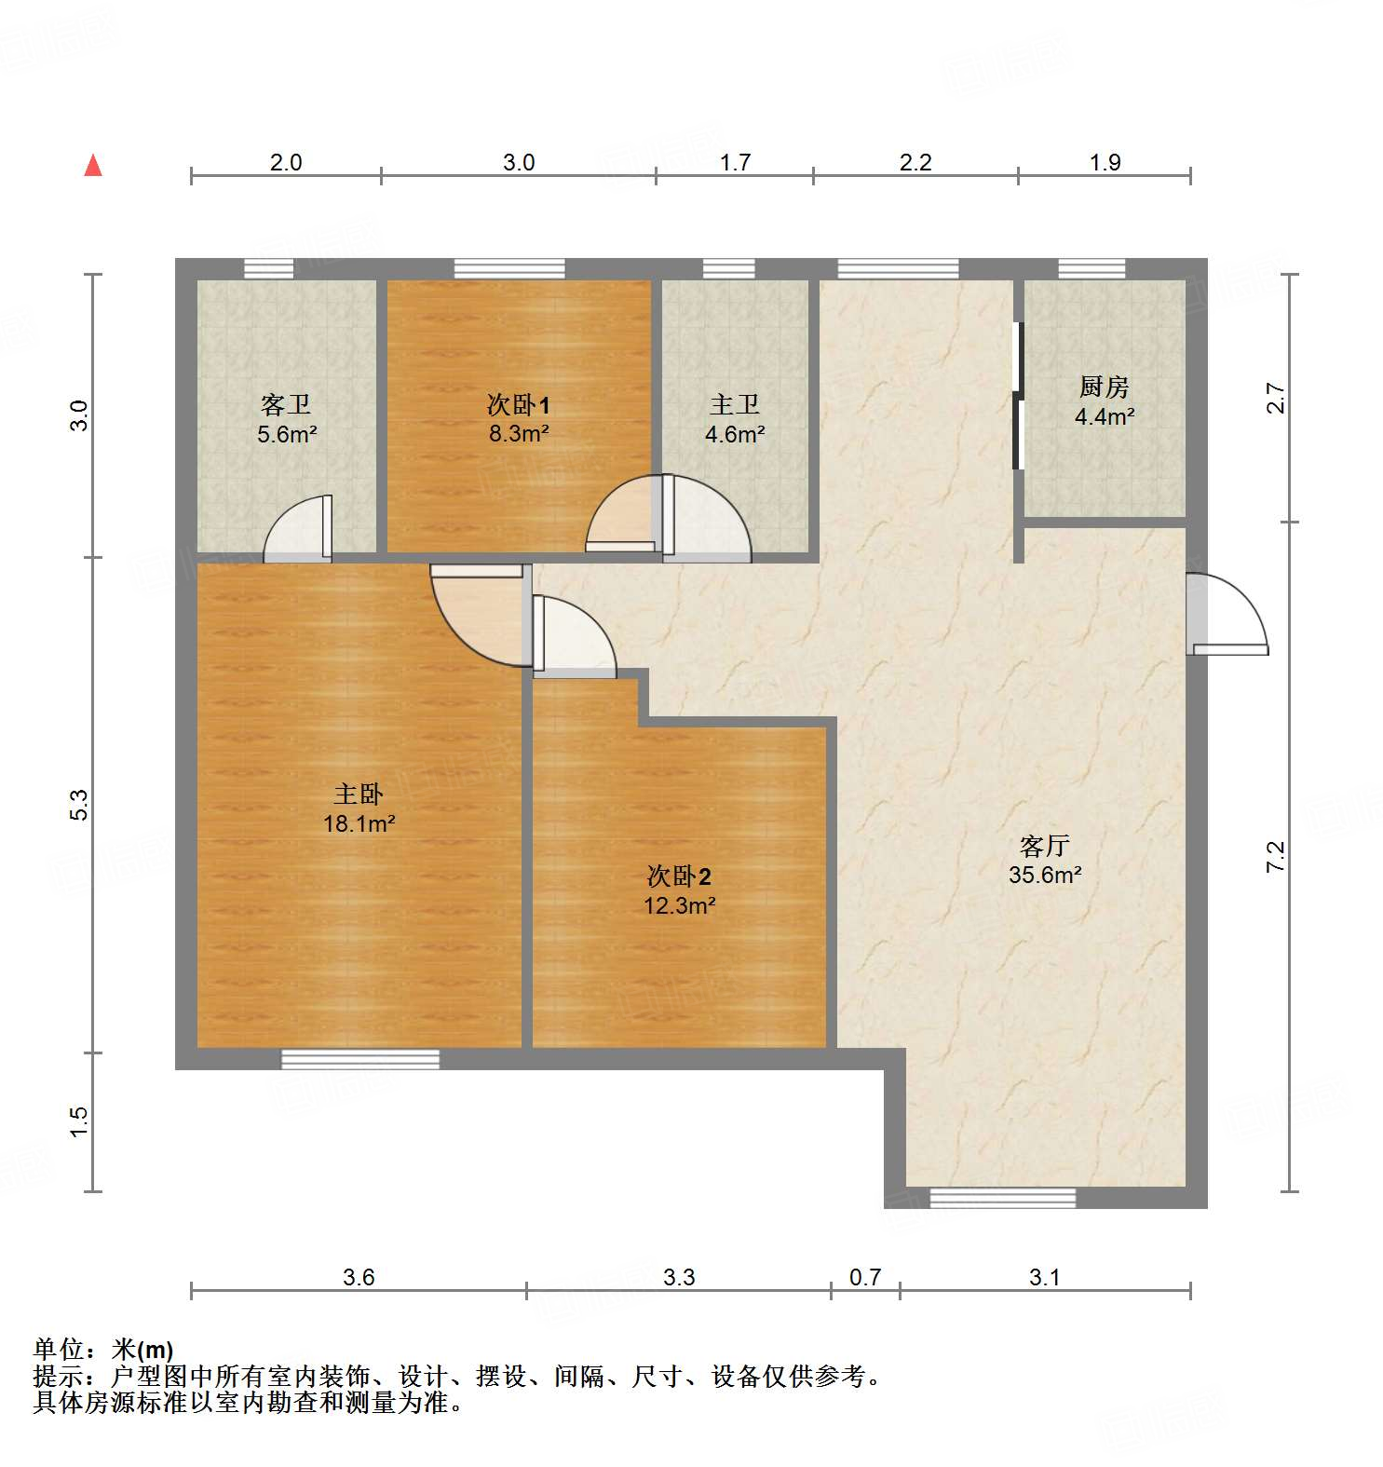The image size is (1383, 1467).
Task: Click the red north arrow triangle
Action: pos(93,166)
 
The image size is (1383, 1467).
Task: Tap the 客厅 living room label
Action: pos(1044,846)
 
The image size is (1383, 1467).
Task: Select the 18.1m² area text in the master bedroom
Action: pos(359,823)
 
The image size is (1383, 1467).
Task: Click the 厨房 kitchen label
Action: pos(1105,387)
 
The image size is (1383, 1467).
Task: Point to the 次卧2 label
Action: pos(679,876)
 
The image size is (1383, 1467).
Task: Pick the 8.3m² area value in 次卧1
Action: pos(519,433)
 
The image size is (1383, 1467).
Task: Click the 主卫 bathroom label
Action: pos(735,404)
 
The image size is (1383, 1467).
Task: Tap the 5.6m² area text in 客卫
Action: pos(287,433)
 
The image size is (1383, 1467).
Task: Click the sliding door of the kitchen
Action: pos(1018,396)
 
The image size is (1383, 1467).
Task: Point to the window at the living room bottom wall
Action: pos(1003,1198)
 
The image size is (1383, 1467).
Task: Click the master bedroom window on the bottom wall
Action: pos(360,1059)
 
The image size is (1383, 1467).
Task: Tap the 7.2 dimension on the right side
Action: pos(1276,856)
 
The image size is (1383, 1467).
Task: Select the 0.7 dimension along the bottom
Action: pos(865,1277)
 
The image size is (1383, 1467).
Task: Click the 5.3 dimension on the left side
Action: pos(80,805)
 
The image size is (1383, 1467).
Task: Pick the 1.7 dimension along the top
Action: pos(735,163)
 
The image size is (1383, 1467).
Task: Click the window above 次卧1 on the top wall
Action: pos(509,269)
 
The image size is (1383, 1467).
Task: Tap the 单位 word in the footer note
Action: pos(58,1349)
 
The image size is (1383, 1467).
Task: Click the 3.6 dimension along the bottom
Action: pos(359,1277)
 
